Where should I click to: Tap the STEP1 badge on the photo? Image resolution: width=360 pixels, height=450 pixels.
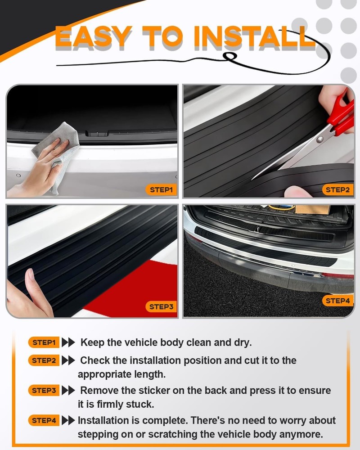[161, 190]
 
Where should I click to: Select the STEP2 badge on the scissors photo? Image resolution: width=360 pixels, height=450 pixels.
[337, 190]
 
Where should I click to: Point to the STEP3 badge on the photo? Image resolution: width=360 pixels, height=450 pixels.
[161, 307]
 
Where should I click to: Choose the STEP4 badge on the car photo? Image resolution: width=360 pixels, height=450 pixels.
[337, 301]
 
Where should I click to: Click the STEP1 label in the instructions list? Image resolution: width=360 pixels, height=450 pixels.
[44, 342]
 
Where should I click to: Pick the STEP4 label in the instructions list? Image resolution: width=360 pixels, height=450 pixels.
[44, 421]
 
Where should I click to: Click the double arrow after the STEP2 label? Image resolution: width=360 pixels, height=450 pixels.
[68, 360]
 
